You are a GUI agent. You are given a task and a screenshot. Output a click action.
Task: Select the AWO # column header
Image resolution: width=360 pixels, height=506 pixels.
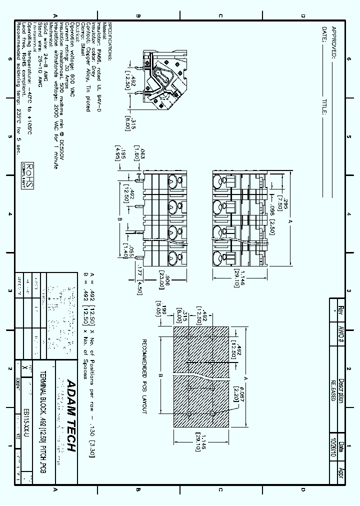341,333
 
